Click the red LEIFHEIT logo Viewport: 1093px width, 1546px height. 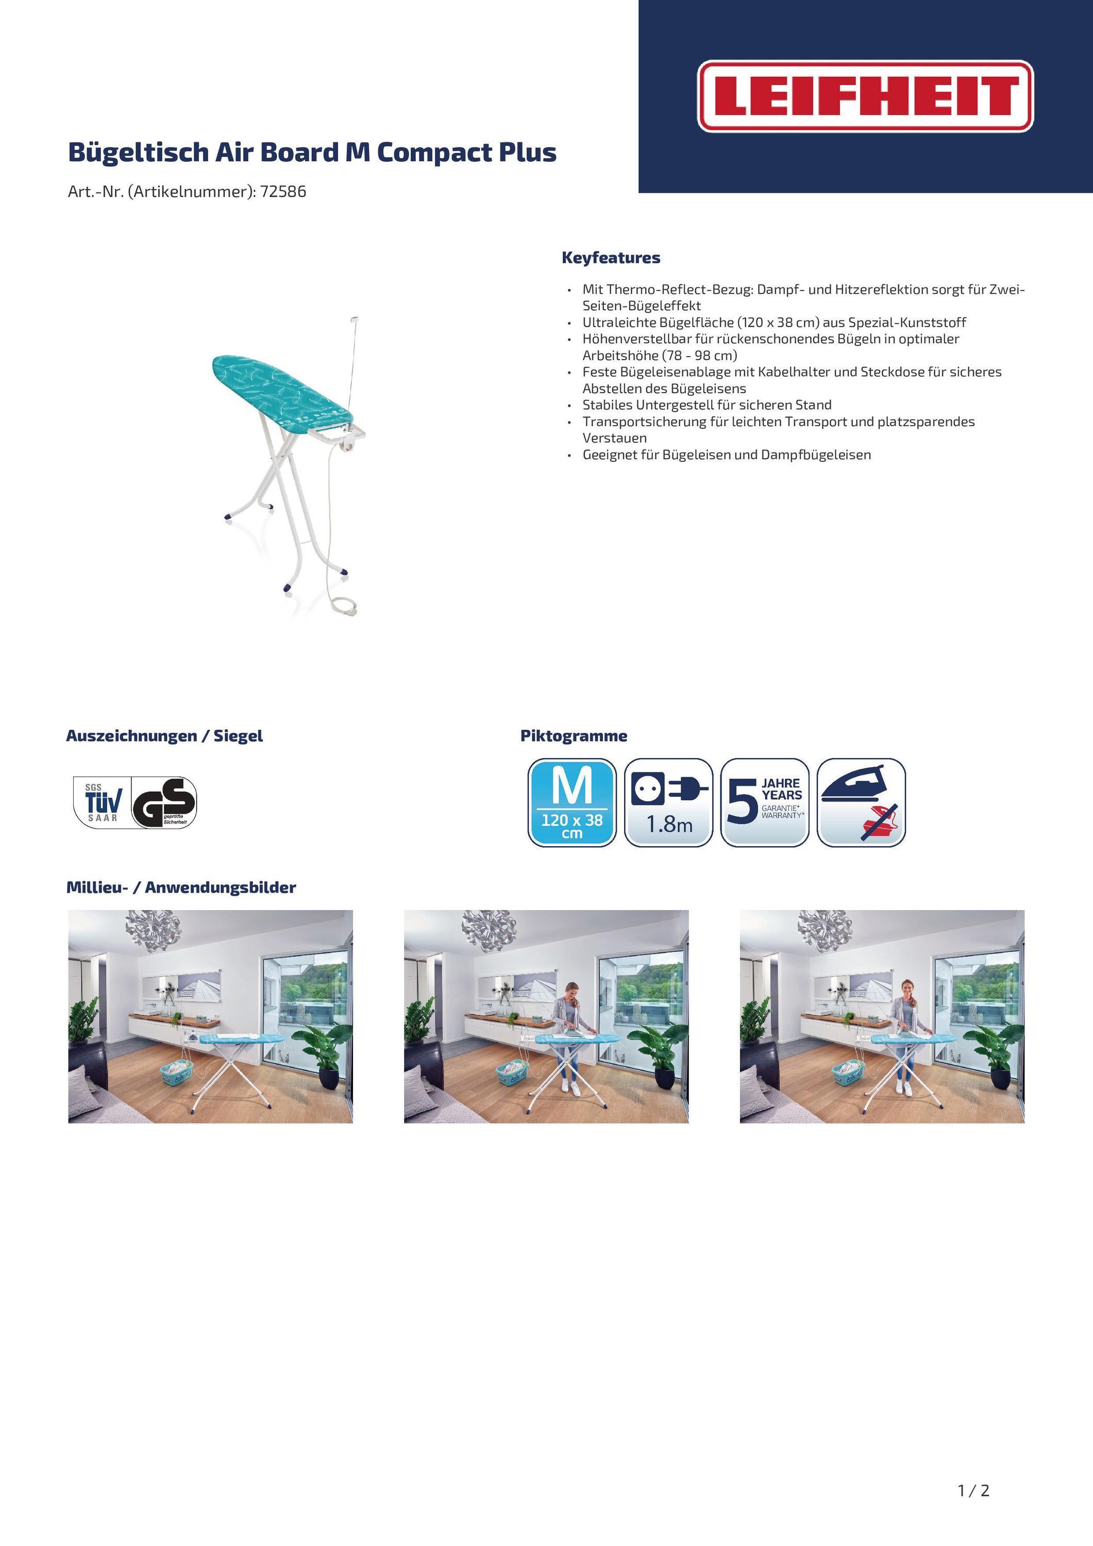[x=865, y=96]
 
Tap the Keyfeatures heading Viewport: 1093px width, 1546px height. [x=611, y=258]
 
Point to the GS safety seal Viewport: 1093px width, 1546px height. [x=164, y=802]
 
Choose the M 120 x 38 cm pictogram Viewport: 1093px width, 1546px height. [x=572, y=802]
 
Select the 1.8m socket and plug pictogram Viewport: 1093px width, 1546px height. [x=668, y=802]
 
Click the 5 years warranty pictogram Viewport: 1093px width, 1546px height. [x=764, y=802]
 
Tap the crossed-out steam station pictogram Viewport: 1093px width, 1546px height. [x=861, y=802]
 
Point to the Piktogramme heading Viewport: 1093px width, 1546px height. [x=574, y=736]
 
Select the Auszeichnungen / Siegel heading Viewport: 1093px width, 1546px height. [x=164, y=736]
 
